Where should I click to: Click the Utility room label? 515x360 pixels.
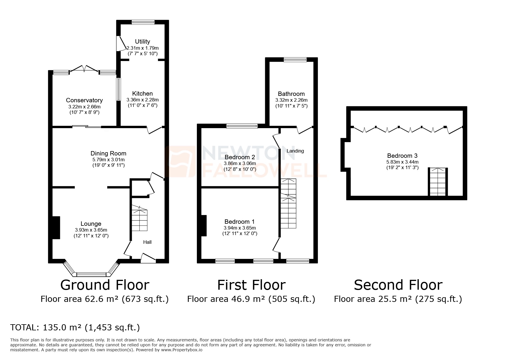(x=142, y=42)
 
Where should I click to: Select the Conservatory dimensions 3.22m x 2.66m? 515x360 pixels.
(x=84, y=107)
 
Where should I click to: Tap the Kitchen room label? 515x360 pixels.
(x=142, y=94)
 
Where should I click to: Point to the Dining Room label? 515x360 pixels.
(x=108, y=153)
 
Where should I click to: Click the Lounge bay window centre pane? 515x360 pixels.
(x=91, y=274)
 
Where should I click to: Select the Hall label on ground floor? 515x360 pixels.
(x=147, y=242)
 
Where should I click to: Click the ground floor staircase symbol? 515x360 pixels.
(x=140, y=218)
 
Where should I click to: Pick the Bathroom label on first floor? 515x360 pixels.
(x=291, y=94)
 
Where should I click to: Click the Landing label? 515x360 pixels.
(x=295, y=151)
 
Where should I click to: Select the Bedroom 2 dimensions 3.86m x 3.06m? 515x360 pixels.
(x=240, y=164)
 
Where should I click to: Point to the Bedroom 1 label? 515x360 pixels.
(x=240, y=222)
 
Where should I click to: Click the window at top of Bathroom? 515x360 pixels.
(x=295, y=60)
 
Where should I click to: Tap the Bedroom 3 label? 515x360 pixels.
(x=402, y=156)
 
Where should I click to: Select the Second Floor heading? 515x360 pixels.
(x=398, y=285)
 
